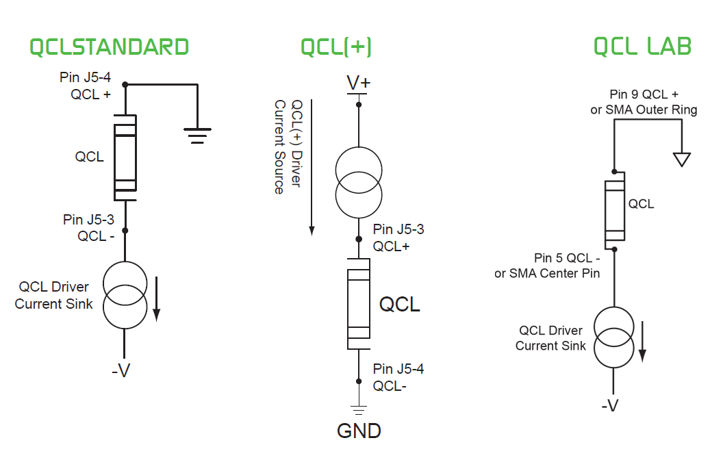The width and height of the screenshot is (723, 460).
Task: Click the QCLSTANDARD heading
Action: click(110, 47)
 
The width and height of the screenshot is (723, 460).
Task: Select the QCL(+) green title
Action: click(336, 47)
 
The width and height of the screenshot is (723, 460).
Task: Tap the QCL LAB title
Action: click(642, 47)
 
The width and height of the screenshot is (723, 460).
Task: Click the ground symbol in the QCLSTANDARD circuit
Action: click(198, 136)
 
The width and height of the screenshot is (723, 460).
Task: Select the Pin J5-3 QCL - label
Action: click(89, 227)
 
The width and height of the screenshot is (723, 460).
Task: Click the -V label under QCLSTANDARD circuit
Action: click(120, 371)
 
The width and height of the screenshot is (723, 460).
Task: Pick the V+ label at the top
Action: click(358, 83)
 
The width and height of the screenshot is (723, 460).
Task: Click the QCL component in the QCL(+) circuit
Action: click(358, 303)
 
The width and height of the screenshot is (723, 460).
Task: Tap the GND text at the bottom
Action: click(359, 431)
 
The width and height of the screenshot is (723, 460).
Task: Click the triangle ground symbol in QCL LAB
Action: click(681, 159)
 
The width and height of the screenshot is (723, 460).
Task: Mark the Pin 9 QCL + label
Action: click(644, 101)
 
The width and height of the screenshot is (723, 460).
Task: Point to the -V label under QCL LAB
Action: click(609, 405)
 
